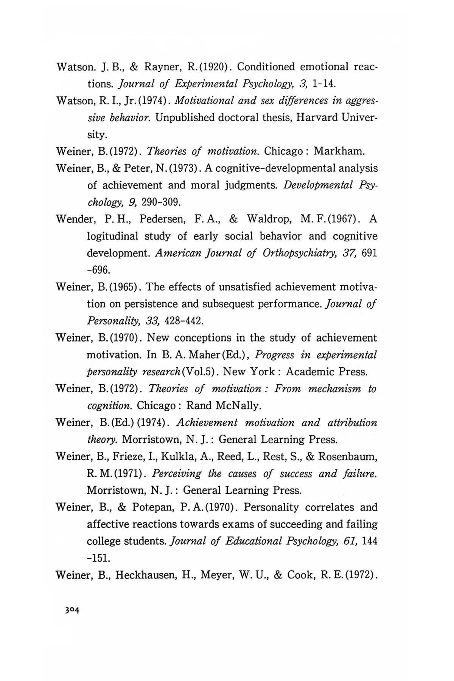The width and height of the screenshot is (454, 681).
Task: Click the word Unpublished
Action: click(185, 118)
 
